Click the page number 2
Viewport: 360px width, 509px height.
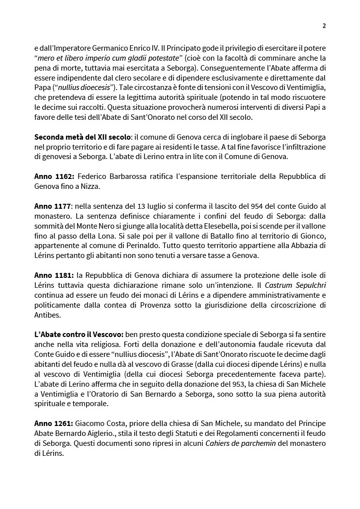[x=324, y=26]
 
